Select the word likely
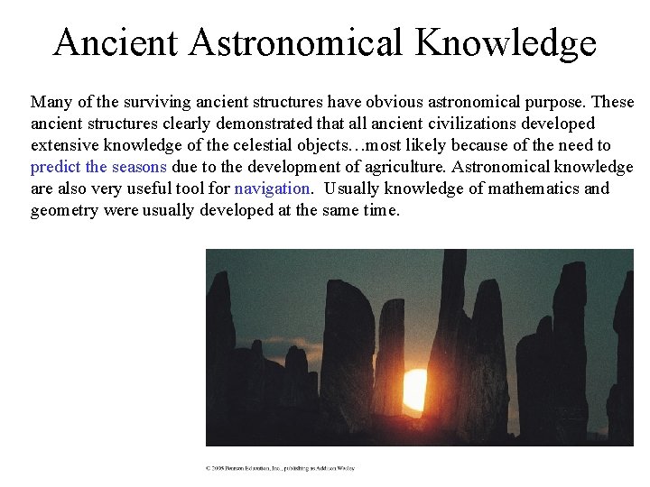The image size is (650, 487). click(422, 145)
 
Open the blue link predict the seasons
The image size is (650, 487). click(98, 167)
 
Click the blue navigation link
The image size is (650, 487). click(273, 188)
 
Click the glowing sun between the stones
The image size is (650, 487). click(415, 390)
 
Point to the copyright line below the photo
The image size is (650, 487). click(280, 468)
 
